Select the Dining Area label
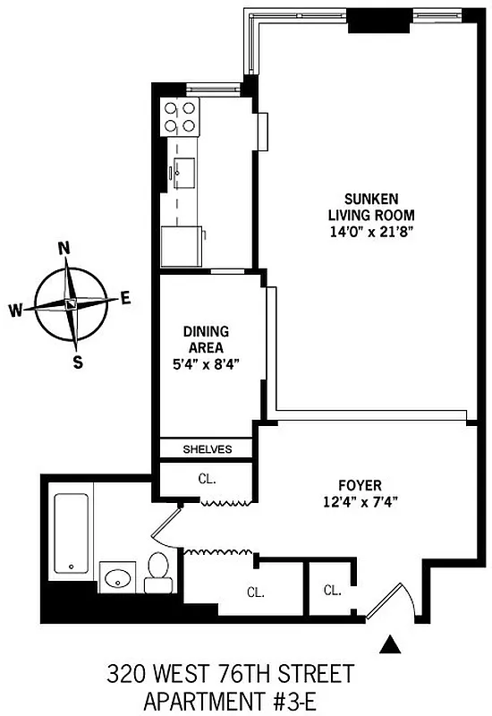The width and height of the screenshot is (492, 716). point(206,339)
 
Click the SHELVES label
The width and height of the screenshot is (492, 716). point(207,449)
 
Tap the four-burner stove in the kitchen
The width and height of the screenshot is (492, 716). point(180,115)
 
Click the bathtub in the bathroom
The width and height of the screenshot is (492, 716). point(70,533)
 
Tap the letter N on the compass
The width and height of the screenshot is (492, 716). point(64,248)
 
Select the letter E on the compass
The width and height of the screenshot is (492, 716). point(126,298)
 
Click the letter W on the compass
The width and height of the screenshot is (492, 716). point(16,311)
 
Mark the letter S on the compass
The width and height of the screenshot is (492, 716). point(78,362)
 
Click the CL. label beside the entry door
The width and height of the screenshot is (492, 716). point(332,590)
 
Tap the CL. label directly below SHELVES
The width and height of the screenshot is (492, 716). point(207,478)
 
